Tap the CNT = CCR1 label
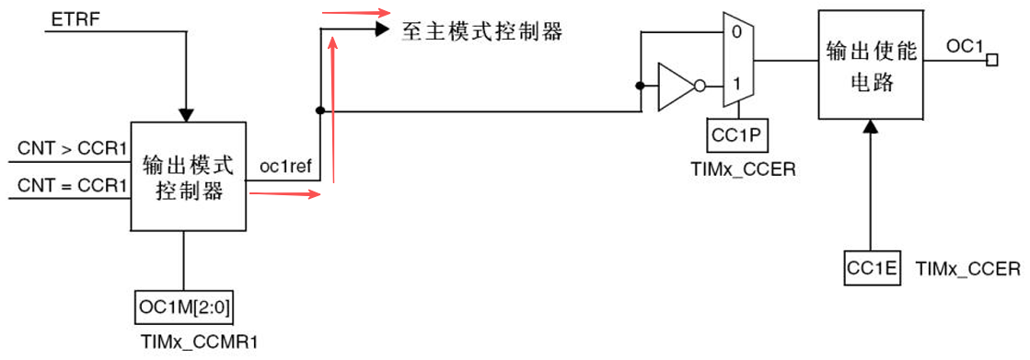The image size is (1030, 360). tap(73, 186)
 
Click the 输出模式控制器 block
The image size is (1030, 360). tap(188, 178)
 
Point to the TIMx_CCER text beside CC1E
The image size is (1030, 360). tap(968, 269)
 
